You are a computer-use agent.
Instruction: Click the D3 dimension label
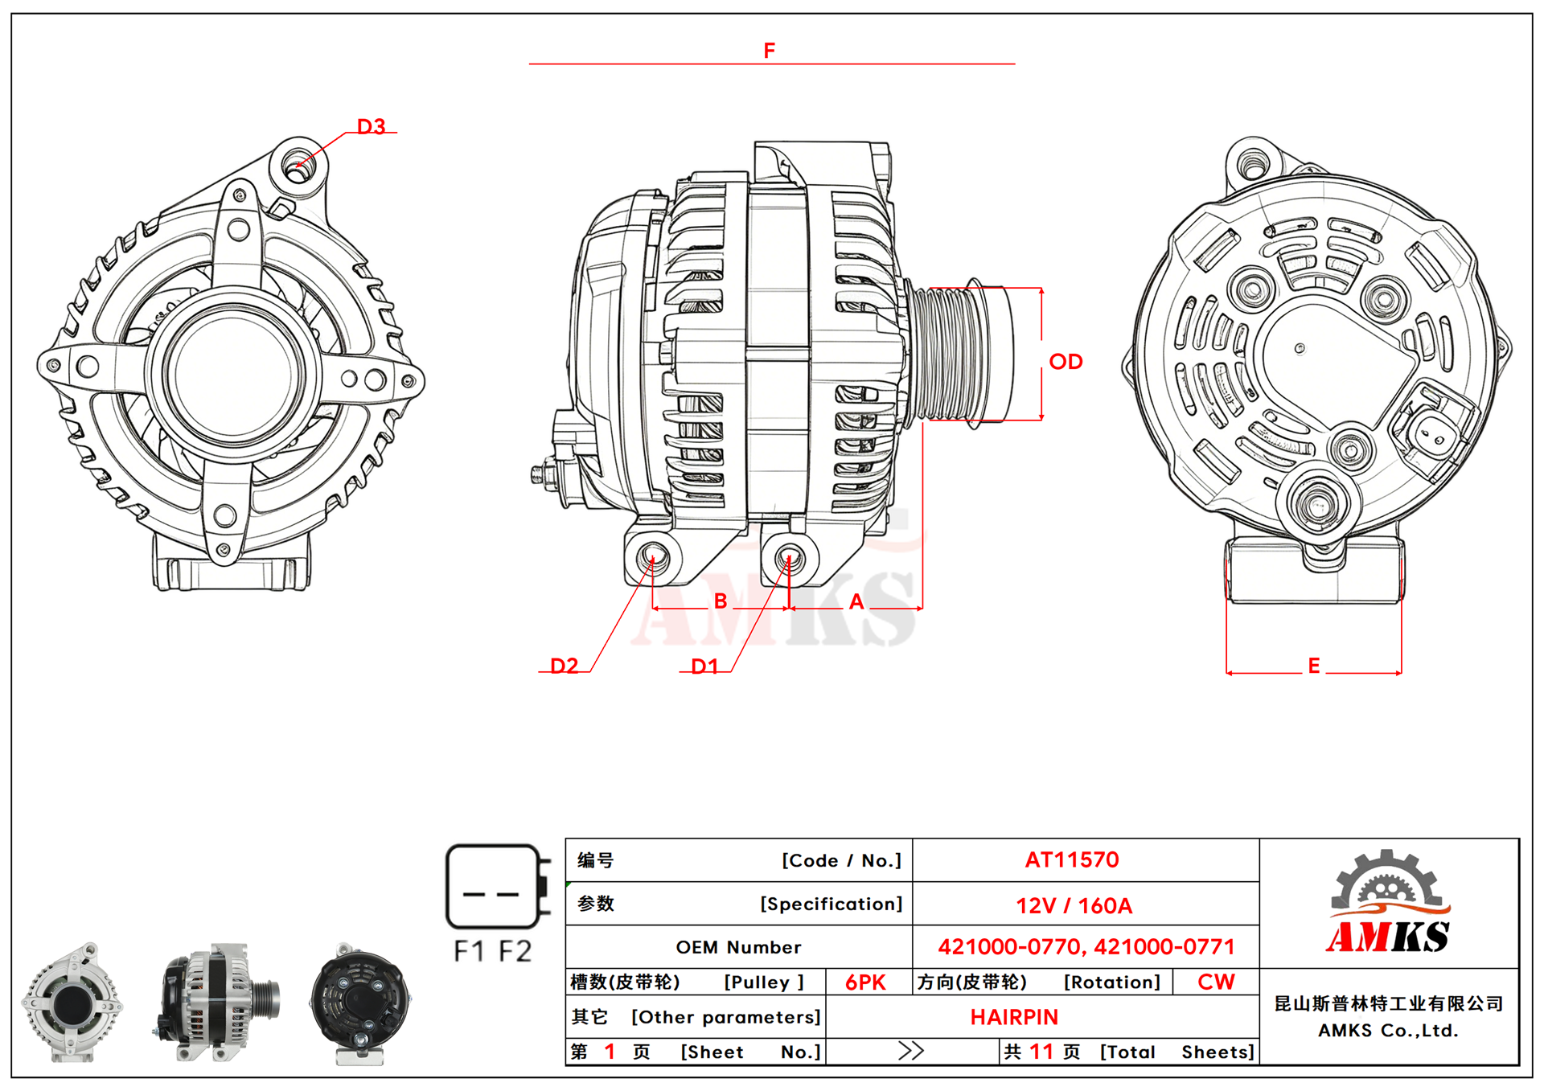click(x=371, y=126)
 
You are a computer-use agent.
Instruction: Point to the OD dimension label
click(x=1066, y=362)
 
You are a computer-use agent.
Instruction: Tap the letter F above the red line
click(x=770, y=51)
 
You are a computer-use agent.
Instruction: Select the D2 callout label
click(x=564, y=666)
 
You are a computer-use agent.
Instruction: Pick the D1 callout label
click(x=704, y=666)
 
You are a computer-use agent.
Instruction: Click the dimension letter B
click(x=721, y=601)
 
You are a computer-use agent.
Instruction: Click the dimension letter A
click(x=856, y=601)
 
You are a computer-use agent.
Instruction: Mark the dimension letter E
click(x=1314, y=666)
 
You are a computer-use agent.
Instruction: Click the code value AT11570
click(x=1072, y=860)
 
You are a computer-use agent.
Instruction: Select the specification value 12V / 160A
click(x=1074, y=906)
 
